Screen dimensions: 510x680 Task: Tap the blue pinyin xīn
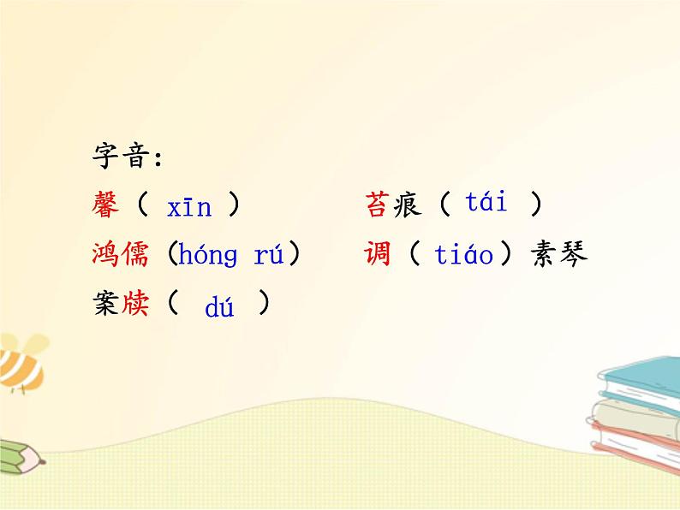pos(189,207)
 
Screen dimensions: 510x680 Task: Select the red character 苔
pos(378,205)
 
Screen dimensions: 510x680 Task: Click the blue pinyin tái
pos(486,204)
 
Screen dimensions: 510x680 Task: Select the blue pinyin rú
pos(270,255)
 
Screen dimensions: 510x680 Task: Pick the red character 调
pos(378,254)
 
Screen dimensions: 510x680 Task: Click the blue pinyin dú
pos(219,308)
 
